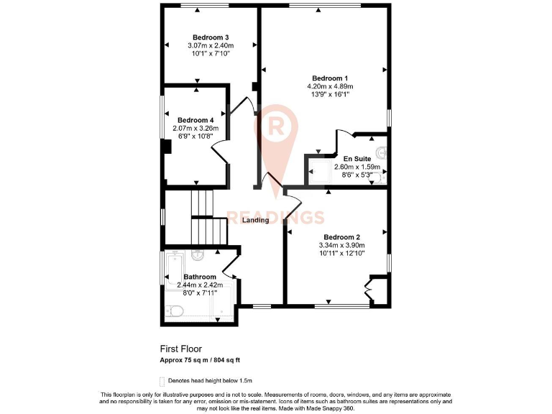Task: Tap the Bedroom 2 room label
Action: [341, 237]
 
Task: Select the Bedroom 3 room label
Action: [211, 38]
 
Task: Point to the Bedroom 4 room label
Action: [195, 120]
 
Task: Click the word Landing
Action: [255, 220]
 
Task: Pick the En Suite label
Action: [356, 157]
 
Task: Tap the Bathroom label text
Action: [199, 277]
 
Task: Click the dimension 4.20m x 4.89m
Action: [330, 87]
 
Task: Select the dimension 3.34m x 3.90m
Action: [341, 245]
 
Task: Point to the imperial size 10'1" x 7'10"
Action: [211, 55]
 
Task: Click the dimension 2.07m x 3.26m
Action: [195, 129]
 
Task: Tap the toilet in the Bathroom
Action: [174, 310]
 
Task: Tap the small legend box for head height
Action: [162, 380]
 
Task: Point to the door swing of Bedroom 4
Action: [220, 151]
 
